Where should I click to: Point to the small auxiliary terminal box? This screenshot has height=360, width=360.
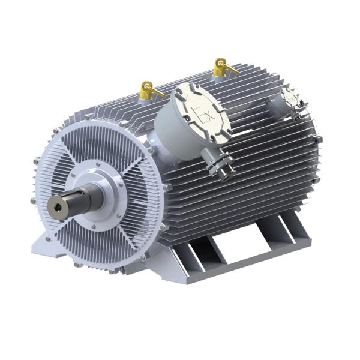[289, 101]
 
